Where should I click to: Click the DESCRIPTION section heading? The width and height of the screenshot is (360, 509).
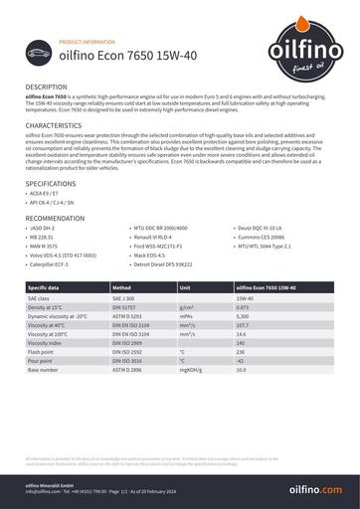click(x=47, y=87)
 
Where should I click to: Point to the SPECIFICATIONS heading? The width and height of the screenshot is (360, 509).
click(x=50, y=185)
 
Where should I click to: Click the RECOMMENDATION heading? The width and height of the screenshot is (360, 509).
click(x=55, y=217)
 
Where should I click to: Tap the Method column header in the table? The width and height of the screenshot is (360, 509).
click(x=126, y=287)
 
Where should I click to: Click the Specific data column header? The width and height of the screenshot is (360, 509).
click(x=47, y=287)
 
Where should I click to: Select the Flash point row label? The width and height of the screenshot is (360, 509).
click(x=42, y=352)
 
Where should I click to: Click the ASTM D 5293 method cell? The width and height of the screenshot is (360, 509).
click(x=130, y=315)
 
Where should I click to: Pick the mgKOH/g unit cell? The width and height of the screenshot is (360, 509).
click(x=190, y=370)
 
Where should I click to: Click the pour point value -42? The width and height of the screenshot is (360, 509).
click(x=241, y=361)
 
